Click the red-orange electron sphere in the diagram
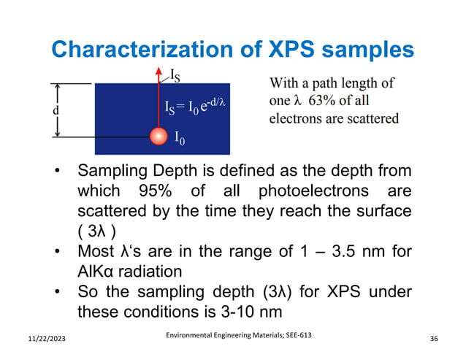click(158, 136)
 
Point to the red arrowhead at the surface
click(158, 72)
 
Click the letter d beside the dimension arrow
click(35, 111)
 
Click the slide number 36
click(435, 340)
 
